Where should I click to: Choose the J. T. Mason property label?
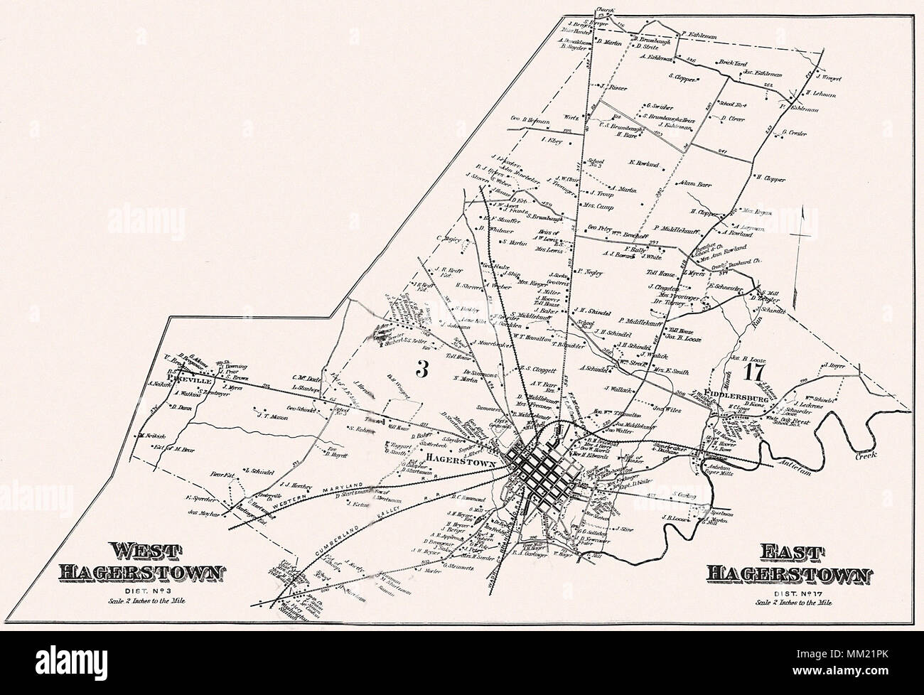(x=271, y=417)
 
